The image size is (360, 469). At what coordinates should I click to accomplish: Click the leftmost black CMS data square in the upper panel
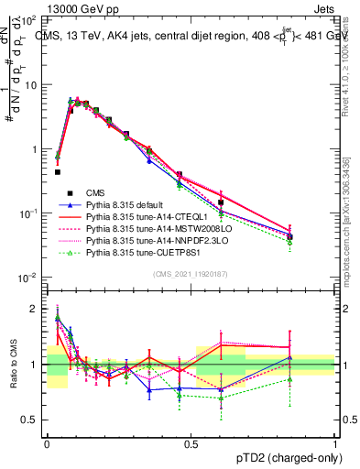point(58,171)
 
